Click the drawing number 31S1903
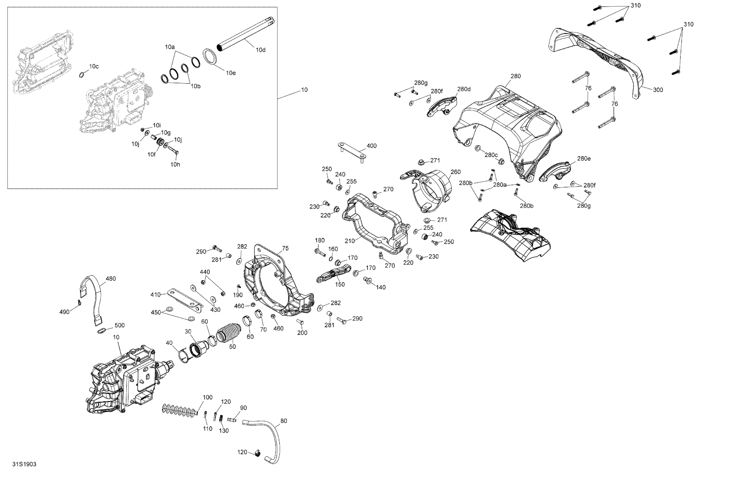click(24, 464)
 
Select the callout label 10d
click(260, 50)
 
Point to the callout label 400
click(372, 146)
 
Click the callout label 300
click(658, 90)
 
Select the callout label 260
click(455, 172)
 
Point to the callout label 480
click(111, 279)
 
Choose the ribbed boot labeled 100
click(180, 409)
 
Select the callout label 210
click(350, 241)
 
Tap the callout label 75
click(285, 249)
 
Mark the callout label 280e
click(584, 159)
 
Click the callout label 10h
click(175, 164)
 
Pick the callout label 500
click(120, 325)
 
